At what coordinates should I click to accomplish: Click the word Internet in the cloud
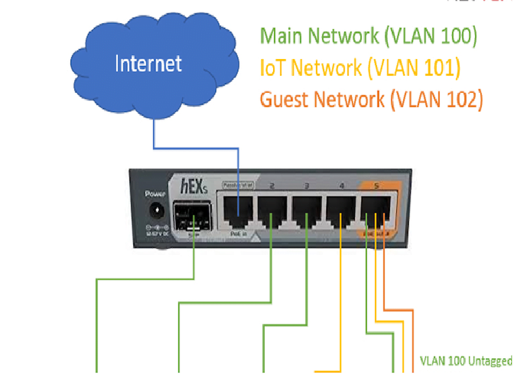[x=148, y=64]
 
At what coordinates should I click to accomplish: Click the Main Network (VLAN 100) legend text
[x=368, y=36]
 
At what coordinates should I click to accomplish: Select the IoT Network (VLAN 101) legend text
[x=359, y=67]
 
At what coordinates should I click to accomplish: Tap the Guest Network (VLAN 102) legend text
[x=371, y=99]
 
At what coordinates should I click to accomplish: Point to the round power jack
[x=156, y=211]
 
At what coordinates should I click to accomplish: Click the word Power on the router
[x=156, y=193]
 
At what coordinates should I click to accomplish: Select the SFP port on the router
[x=191, y=215]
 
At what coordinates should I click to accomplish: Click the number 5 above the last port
[x=376, y=187]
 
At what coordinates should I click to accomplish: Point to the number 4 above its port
[x=341, y=187]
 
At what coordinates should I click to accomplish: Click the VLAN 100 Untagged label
[x=466, y=361]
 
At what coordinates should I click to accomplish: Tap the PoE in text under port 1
[x=237, y=235]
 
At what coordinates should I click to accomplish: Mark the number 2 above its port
[x=272, y=187]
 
